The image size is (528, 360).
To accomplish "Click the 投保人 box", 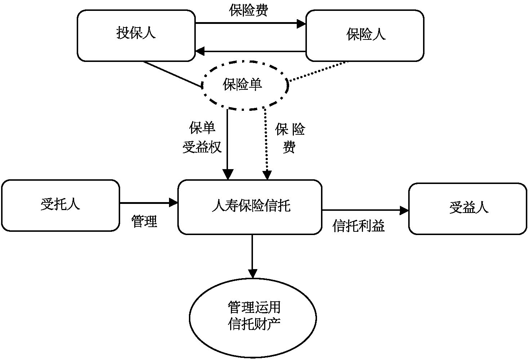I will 136,35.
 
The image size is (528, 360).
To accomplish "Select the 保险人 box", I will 364,35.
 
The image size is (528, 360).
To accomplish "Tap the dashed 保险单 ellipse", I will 245,85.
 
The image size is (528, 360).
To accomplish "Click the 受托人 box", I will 60,205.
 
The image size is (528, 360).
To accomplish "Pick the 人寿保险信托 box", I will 250,207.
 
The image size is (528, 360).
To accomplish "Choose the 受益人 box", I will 468,209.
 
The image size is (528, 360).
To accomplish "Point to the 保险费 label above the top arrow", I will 249,11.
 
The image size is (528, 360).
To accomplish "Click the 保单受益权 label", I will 202,138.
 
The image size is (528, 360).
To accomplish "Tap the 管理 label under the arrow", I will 144,221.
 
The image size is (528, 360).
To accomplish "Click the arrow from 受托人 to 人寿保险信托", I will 148,203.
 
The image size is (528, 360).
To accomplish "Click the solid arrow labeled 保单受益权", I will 228,145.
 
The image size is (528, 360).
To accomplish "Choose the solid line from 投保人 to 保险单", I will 172,74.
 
